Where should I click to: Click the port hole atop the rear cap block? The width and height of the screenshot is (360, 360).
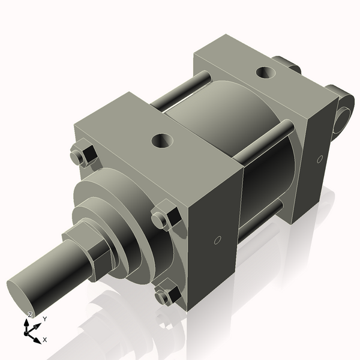pos(265,73)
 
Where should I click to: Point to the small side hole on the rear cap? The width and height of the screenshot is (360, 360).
pos(320,159)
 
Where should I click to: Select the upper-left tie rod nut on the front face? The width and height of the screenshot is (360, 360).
pos(82,155)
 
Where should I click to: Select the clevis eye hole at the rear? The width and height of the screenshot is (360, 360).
pos(346,116)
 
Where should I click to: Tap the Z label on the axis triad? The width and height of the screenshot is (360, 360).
pos(30,315)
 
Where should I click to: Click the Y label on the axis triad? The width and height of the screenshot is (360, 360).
pos(44,319)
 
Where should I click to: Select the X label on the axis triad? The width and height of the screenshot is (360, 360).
pos(45,340)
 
